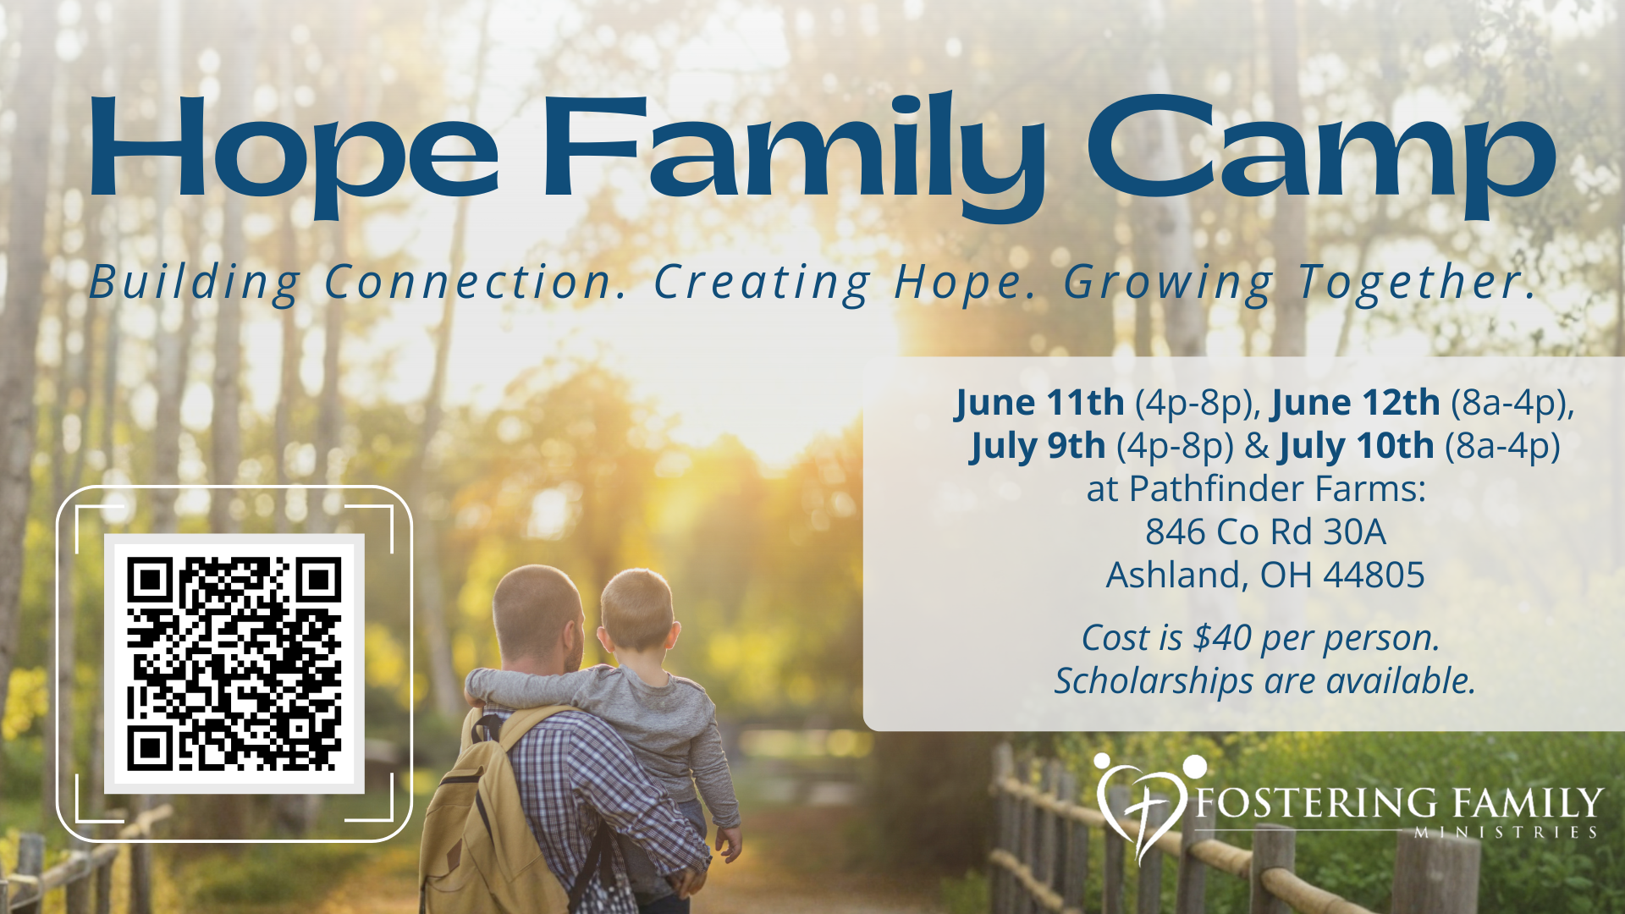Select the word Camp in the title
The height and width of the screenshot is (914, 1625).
[x=1321, y=157]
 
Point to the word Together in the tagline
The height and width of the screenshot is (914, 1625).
[x=1417, y=282]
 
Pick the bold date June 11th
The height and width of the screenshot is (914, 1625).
[x=1040, y=403]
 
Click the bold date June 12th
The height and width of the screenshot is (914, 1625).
[x=1356, y=403]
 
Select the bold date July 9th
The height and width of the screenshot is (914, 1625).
[x=1038, y=446]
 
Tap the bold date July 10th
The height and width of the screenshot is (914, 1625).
[x=1357, y=446]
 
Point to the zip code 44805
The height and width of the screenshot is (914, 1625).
[x=1374, y=575]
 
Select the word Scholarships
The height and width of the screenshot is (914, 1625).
[x=1154, y=681]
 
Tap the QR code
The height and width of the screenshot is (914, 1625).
[x=234, y=664]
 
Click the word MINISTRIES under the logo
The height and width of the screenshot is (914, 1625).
[x=1507, y=833]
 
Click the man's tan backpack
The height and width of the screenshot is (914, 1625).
[x=491, y=812]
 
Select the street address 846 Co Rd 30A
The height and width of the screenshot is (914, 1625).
[x=1265, y=532]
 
